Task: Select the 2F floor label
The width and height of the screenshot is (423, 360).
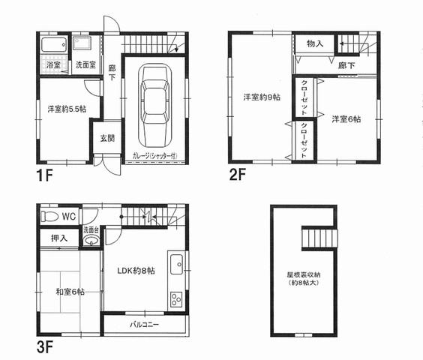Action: pos(238,177)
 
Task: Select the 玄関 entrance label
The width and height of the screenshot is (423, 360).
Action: pos(107,139)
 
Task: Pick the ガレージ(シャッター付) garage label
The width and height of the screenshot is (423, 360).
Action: pos(156,156)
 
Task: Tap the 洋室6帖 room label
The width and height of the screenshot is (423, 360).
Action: pos(346,119)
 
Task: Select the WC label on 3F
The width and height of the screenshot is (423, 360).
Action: pos(69,216)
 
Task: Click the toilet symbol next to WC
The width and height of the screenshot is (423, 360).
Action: pos(50,216)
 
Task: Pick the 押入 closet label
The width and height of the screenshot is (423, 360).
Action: pos(59,238)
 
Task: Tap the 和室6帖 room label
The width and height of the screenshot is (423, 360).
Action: pos(68,292)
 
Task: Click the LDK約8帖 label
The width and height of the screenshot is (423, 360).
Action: pos(136,270)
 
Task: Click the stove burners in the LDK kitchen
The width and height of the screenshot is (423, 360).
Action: pos(176,299)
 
